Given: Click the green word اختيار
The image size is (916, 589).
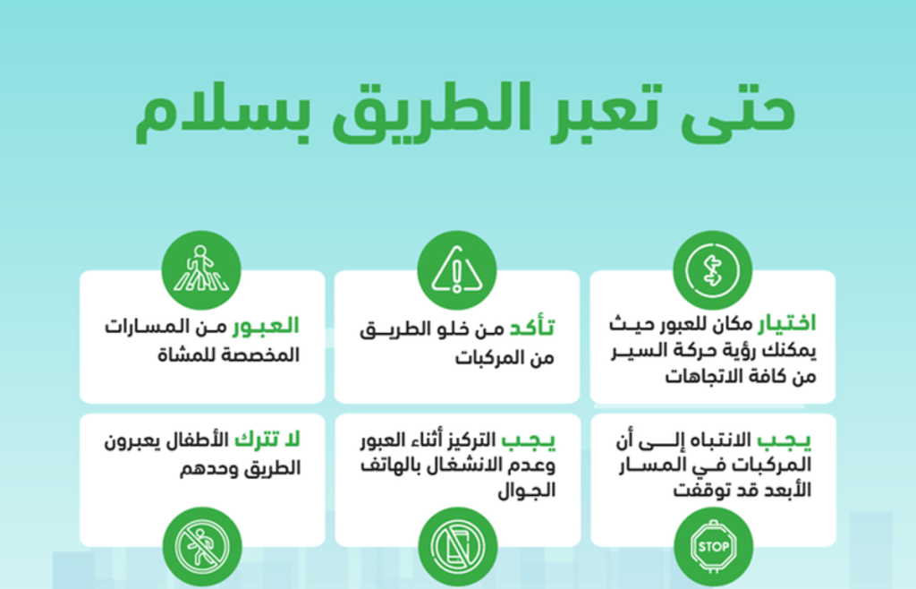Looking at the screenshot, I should (787, 324).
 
